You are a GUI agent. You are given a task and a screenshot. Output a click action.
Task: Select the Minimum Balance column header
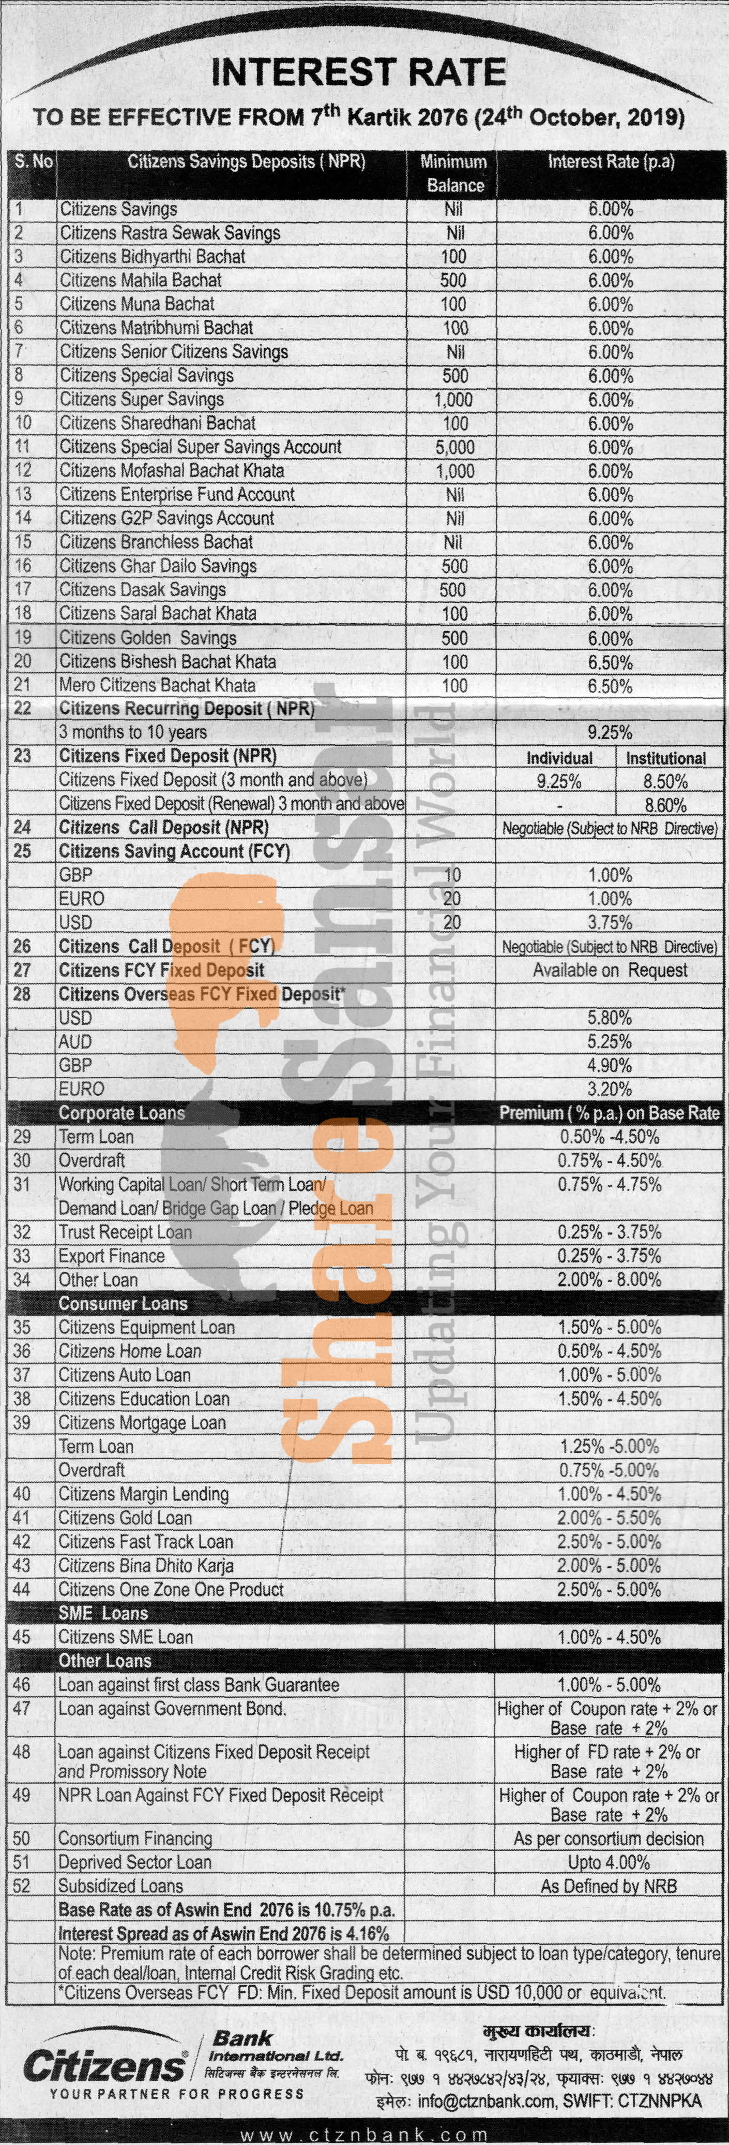tap(453, 173)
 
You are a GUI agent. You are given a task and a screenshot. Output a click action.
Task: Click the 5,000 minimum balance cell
tap(454, 447)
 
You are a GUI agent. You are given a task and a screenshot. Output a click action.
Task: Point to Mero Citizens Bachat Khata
tap(157, 685)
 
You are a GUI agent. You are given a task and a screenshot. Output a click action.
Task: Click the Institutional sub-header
tap(666, 758)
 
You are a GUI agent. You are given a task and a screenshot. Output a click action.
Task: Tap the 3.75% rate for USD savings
tap(609, 922)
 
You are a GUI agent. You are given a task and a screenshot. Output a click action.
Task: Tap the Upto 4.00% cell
tap(609, 1862)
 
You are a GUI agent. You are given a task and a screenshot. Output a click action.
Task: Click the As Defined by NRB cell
tap(609, 1886)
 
